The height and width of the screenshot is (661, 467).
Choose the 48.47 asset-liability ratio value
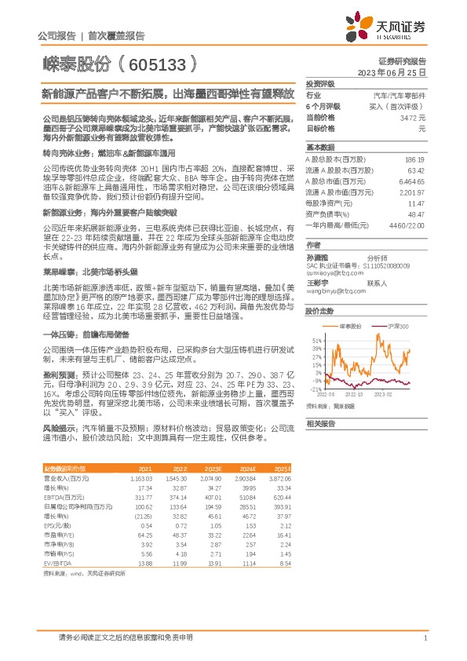coord(418,214)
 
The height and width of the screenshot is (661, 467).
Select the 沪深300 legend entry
coord(396,325)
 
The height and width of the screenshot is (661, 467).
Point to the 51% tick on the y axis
coord(315,338)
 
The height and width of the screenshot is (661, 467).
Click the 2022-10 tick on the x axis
coord(355,395)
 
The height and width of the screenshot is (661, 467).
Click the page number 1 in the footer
coord(425,638)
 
